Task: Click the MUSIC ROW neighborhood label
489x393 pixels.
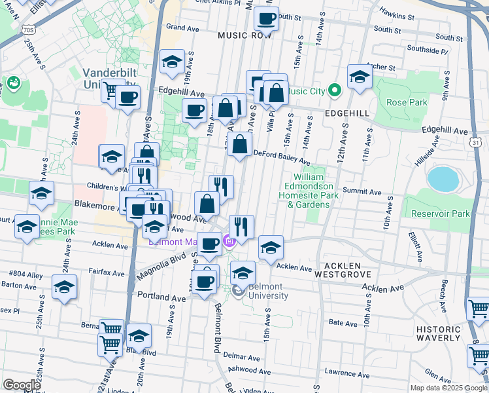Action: coord(244,35)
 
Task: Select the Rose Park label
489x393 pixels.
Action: coord(406,102)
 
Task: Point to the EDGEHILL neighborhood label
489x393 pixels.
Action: coord(347,113)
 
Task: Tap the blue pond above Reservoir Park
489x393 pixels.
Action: coord(443,177)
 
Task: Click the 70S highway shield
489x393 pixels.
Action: coord(27,29)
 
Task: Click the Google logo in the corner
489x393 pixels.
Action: coord(22,385)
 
